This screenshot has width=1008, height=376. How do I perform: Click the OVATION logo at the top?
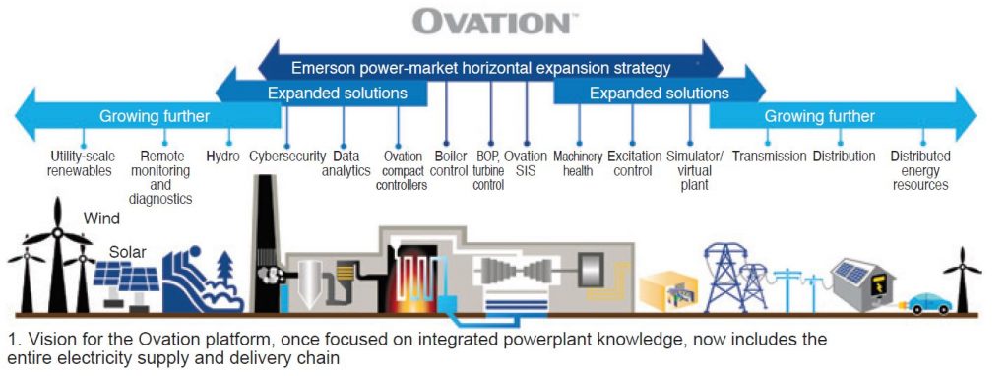[x=490, y=22]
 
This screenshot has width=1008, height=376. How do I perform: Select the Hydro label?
[x=223, y=157]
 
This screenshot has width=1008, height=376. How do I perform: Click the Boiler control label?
[x=449, y=163]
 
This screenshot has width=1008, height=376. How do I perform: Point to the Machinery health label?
[x=578, y=163]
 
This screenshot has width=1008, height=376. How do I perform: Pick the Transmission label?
[x=769, y=157]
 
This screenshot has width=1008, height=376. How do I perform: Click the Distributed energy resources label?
[x=920, y=170]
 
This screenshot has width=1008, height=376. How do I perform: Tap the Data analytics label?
[x=346, y=163]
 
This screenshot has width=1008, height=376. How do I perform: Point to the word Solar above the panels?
[x=128, y=252]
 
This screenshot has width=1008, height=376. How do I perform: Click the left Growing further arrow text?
[x=155, y=117]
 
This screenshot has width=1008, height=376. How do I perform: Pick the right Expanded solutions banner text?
[x=659, y=94]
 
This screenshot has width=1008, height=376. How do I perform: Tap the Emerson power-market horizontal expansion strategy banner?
[x=480, y=69]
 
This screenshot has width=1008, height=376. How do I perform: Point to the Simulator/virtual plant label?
[x=695, y=170]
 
